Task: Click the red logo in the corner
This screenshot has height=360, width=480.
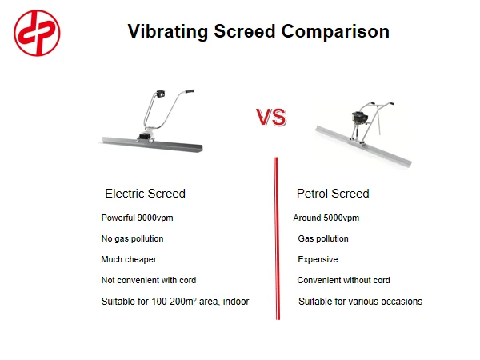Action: point(38,33)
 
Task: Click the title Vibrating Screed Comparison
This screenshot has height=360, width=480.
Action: point(258,31)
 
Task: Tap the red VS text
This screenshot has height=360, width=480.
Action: point(271,118)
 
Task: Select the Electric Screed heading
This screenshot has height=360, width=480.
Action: point(145,194)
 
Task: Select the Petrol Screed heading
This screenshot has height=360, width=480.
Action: point(333,194)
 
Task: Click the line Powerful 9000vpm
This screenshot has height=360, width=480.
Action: point(137,218)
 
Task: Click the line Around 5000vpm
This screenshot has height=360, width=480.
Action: point(326,218)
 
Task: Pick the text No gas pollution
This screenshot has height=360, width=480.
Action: point(132,238)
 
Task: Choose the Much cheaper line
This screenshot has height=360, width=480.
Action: point(129,259)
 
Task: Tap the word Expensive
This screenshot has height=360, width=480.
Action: point(318,259)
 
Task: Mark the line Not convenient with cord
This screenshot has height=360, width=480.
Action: point(148,280)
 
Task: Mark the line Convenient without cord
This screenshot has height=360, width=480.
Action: point(343,280)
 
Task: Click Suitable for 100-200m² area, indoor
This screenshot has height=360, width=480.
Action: point(174,302)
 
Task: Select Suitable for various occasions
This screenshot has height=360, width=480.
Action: point(360,302)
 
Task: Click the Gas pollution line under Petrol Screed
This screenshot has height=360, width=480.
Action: point(323,238)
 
